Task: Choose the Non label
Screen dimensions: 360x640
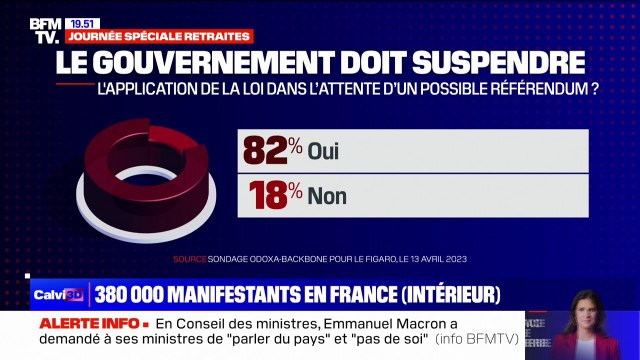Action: coord(328,196)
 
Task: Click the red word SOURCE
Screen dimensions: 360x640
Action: coord(189,259)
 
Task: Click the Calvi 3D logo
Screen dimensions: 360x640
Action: coord(59,295)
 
